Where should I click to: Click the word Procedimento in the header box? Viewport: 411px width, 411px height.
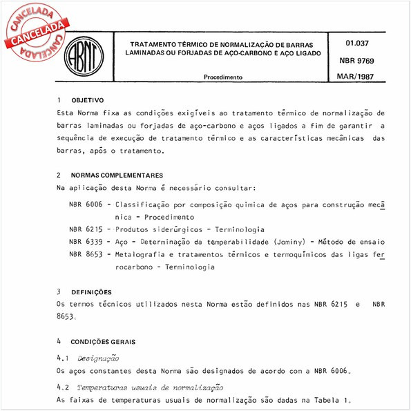point(223,78)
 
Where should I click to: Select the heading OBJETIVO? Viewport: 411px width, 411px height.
point(87,100)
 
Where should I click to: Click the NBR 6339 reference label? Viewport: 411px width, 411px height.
point(87,242)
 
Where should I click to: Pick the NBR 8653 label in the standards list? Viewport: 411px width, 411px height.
point(87,254)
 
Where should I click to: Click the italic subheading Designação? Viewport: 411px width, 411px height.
point(99,358)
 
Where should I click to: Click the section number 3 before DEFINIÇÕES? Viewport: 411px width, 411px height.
point(59,291)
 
